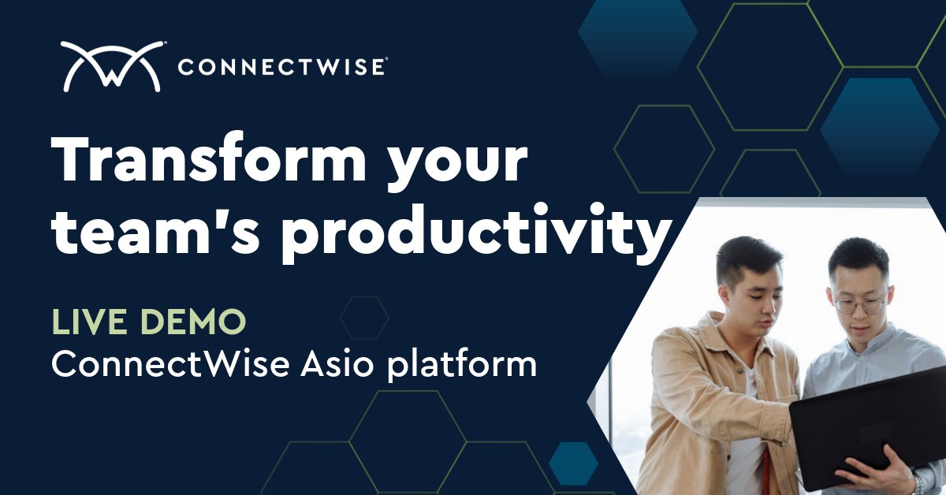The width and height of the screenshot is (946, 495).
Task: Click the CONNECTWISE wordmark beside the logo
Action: click(x=281, y=67)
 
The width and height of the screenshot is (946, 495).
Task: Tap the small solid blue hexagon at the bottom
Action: click(x=574, y=463)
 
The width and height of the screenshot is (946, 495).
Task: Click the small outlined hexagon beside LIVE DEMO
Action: click(x=364, y=318)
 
